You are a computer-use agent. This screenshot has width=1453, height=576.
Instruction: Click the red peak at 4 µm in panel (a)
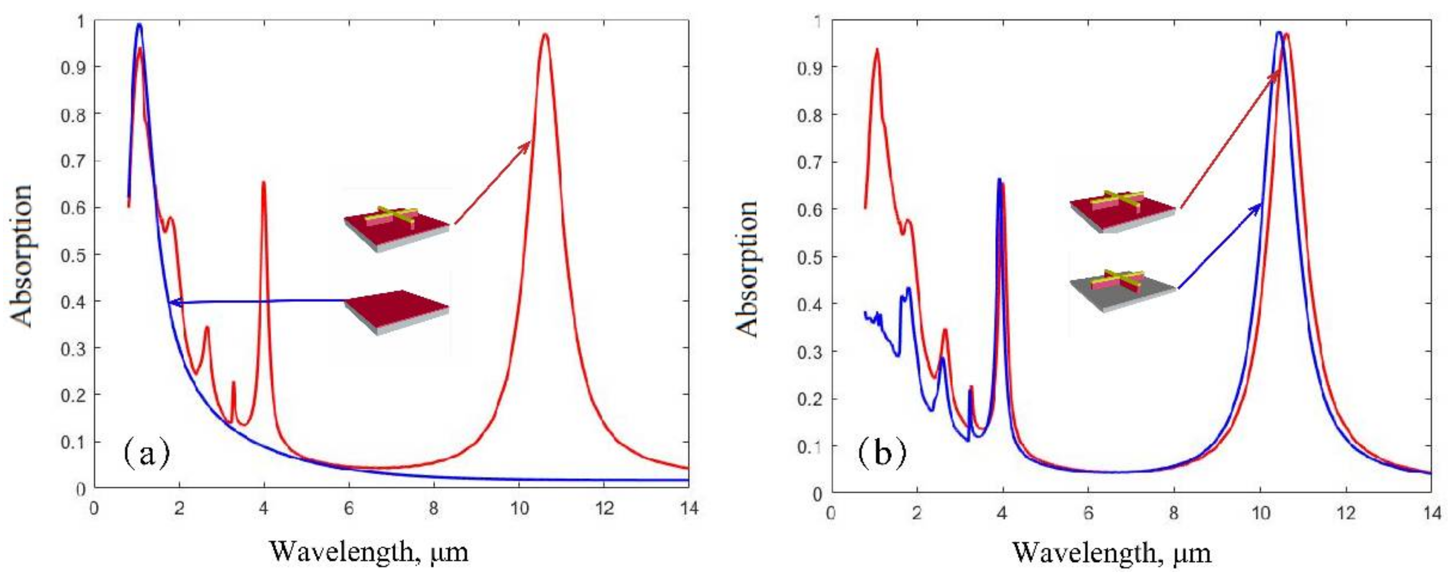pyautogui.click(x=263, y=183)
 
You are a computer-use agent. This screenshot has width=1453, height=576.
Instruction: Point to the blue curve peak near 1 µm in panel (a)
pyautogui.click(x=139, y=24)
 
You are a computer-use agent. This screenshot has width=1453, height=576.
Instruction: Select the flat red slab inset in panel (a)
pyautogui.click(x=397, y=312)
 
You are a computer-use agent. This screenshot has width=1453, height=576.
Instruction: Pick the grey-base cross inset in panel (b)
pyautogui.click(x=1123, y=291)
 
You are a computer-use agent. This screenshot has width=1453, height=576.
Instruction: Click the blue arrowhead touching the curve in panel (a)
pyautogui.click(x=173, y=303)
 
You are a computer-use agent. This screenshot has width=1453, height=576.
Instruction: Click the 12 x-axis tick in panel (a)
pyautogui.click(x=604, y=508)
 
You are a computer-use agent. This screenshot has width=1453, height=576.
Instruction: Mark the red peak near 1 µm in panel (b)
pyautogui.click(x=877, y=50)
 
